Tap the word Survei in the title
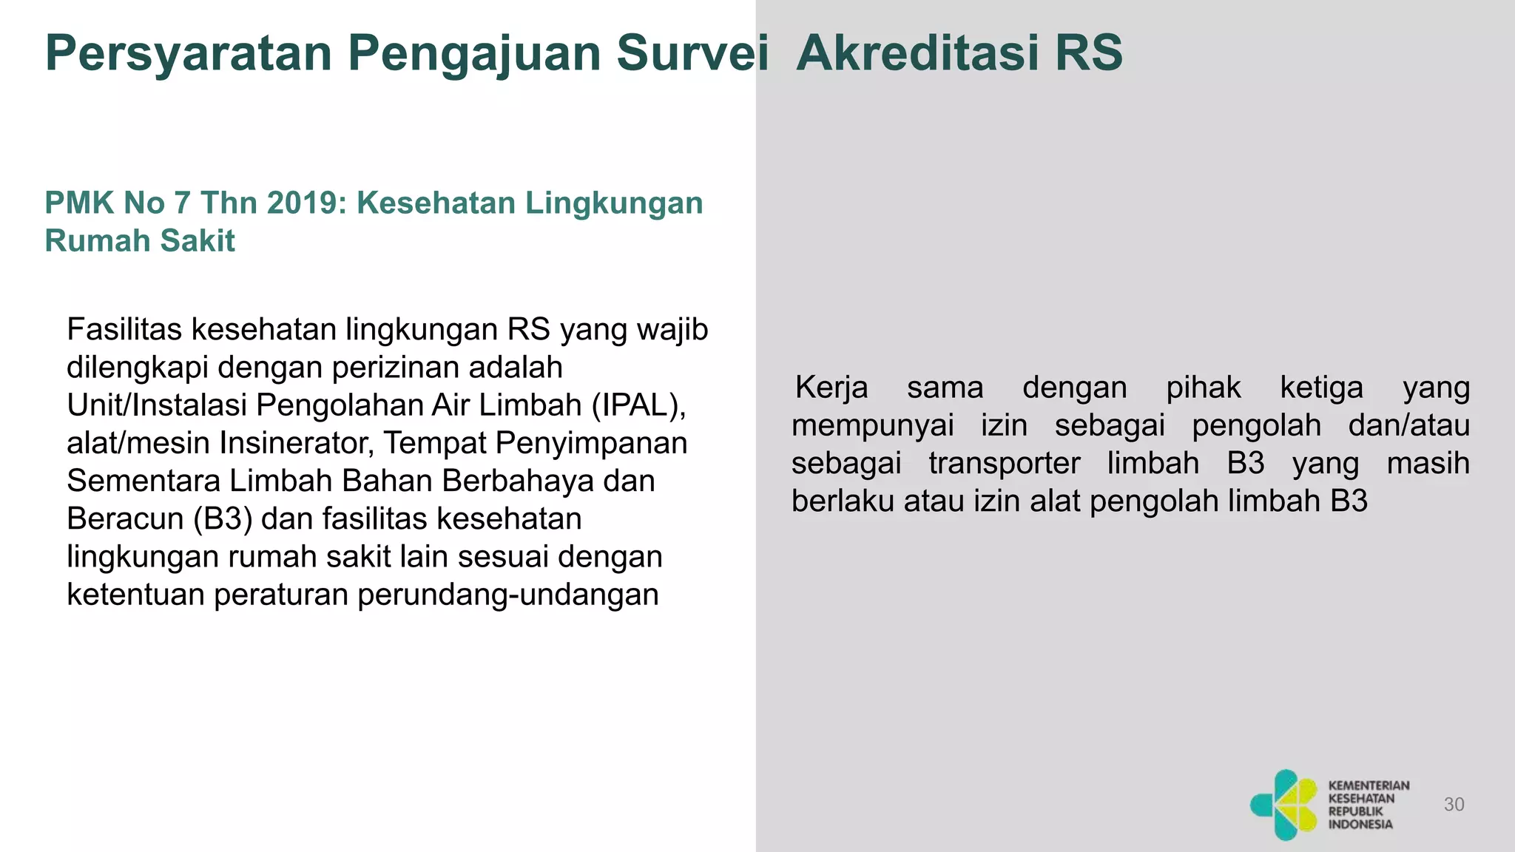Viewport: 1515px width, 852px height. [x=692, y=53]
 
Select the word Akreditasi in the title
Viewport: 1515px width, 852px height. [x=917, y=53]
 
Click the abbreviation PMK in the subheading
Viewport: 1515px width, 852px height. [x=72, y=203]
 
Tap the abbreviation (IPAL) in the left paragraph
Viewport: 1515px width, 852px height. [x=639, y=405]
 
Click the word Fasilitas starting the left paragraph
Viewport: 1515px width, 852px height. [x=124, y=329]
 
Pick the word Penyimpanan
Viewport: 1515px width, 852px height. [x=591, y=443]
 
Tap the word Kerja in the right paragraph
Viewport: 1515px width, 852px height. [x=831, y=388]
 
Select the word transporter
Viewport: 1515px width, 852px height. [x=1004, y=463]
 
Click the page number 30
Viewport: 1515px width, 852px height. [x=1454, y=805]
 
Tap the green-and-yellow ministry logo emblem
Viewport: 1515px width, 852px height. [x=1283, y=805]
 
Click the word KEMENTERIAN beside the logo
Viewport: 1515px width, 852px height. [x=1369, y=785]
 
